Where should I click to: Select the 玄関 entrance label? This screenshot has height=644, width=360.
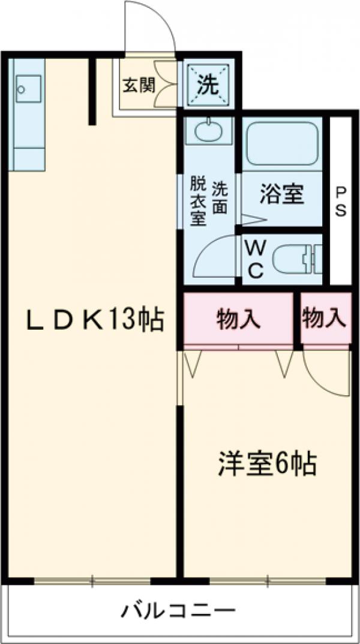[139, 85]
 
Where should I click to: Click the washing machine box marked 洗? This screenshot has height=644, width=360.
[208, 85]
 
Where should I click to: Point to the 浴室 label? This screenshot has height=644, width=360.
[281, 194]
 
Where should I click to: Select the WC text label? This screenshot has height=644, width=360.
[254, 259]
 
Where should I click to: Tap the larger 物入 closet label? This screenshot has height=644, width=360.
[238, 319]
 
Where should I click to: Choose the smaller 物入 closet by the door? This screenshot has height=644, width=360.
[325, 318]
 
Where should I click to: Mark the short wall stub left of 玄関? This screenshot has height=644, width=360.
[92, 90]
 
